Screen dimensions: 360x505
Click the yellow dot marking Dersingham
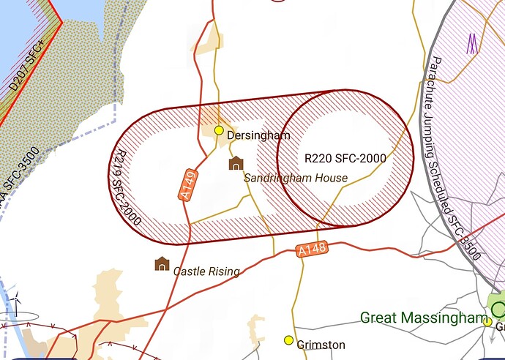[x=218, y=130]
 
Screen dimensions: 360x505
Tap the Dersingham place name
[x=258, y=135]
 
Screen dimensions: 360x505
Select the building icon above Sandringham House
[x=236, y=162]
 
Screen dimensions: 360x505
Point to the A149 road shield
[x=188, y=185]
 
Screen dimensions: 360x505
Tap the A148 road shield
[x=313, y=250]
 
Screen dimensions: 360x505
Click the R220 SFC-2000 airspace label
[x=345, y=157]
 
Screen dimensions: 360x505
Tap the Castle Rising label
[x=206, y=271]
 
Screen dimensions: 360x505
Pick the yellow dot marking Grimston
[x=288, y=340]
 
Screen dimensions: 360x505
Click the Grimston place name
[x=321, y=345]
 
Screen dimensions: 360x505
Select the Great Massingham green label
[x=422, y=318]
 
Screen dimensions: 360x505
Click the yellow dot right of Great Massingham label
[x=487, y=321]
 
